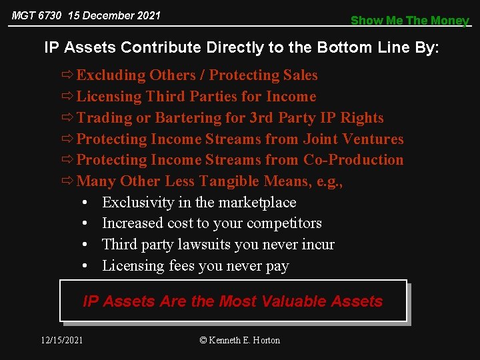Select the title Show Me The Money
click(x=409, y=21)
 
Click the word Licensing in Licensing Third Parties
click(x=109, y=97)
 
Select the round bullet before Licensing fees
click(x=87, y=266)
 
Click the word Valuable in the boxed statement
click(x=285, y=301)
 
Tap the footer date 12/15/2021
click(x=62, y=340)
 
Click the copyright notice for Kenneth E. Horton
click(x=240, y=340)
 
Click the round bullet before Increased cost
click(x=87, y=223)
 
